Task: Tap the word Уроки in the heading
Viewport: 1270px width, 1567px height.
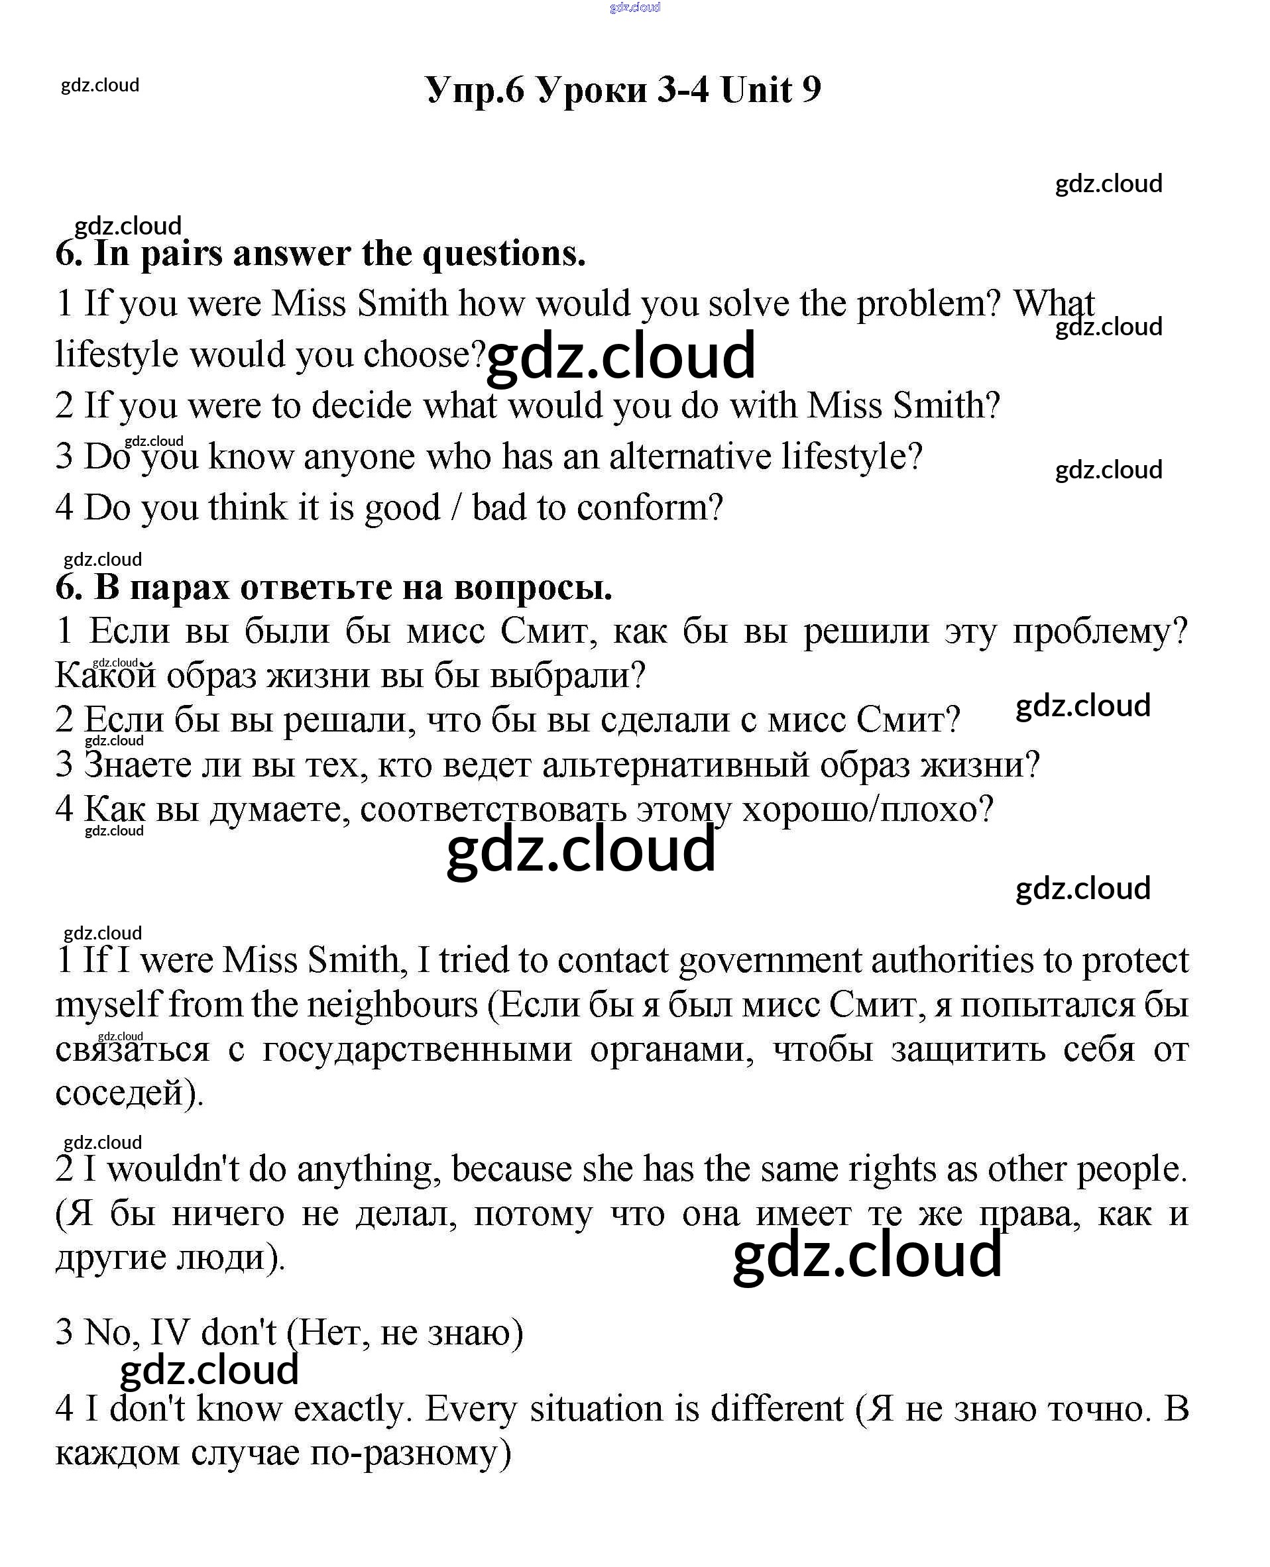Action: click(x=592, y=91)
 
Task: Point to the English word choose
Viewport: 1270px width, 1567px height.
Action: click(x=424, y=355)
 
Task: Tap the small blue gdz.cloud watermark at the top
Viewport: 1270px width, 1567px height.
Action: click(x=634, y=7)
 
